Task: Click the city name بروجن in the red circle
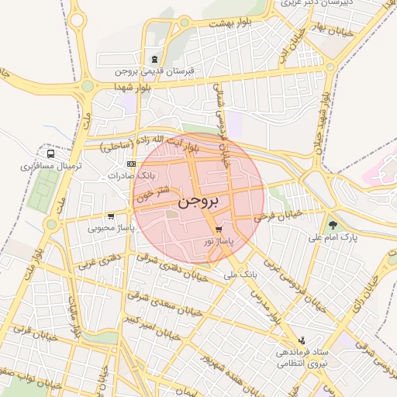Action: click(x=198, y=202)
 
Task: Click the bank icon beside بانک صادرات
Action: click(x=130, y=164)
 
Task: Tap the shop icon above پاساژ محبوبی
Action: click(x=112, y=216)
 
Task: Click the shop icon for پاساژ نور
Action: click(x=219, y=230)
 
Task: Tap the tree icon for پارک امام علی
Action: click(x=333, y=225)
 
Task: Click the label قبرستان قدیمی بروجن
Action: click(x=157, y=71)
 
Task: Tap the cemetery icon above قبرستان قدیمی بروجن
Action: click(x=156, y=60)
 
